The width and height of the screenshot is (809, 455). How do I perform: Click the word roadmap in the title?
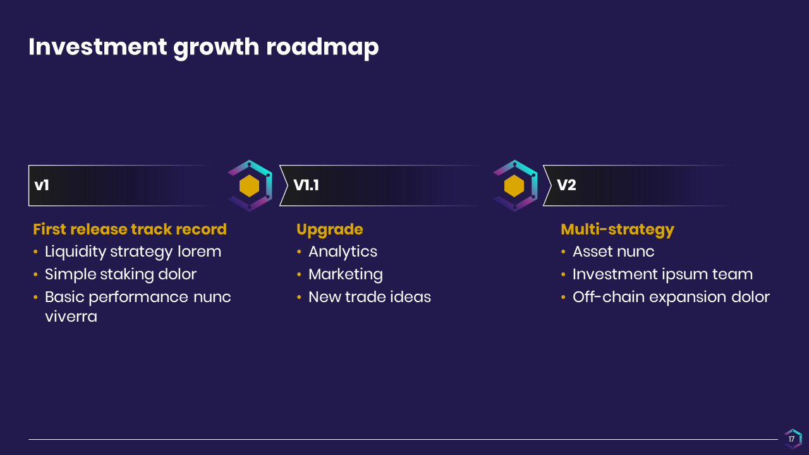pos(322,47)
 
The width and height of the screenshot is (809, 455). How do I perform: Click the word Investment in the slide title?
pos(97,47)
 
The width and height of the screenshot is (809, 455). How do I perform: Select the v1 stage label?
pos(42,185)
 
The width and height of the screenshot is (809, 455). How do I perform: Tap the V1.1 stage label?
pos(306,185)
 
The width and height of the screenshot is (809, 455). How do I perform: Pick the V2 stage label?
pos(566,185)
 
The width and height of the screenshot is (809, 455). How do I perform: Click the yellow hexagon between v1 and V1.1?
pos(249,186)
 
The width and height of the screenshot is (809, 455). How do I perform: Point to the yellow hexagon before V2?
pos(514,186)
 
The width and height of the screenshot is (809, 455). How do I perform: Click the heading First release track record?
pos(130,229)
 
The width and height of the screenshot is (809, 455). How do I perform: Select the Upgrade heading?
pos(330,230)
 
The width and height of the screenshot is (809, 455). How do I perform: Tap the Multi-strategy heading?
pos(617,230)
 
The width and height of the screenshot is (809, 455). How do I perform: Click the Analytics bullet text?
pos(343,252)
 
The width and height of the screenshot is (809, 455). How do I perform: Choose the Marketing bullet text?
pos(346,275)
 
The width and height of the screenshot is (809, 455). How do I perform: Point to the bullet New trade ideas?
pos(370,297)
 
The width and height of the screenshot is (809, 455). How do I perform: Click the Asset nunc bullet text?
pos(613,252)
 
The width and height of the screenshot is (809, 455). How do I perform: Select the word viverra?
pos(71,317)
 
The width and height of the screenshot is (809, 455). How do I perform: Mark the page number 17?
pos(792,439)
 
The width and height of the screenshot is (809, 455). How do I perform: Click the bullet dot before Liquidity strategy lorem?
pos(35,252)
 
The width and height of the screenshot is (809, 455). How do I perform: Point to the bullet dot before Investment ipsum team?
pos(563,274)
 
